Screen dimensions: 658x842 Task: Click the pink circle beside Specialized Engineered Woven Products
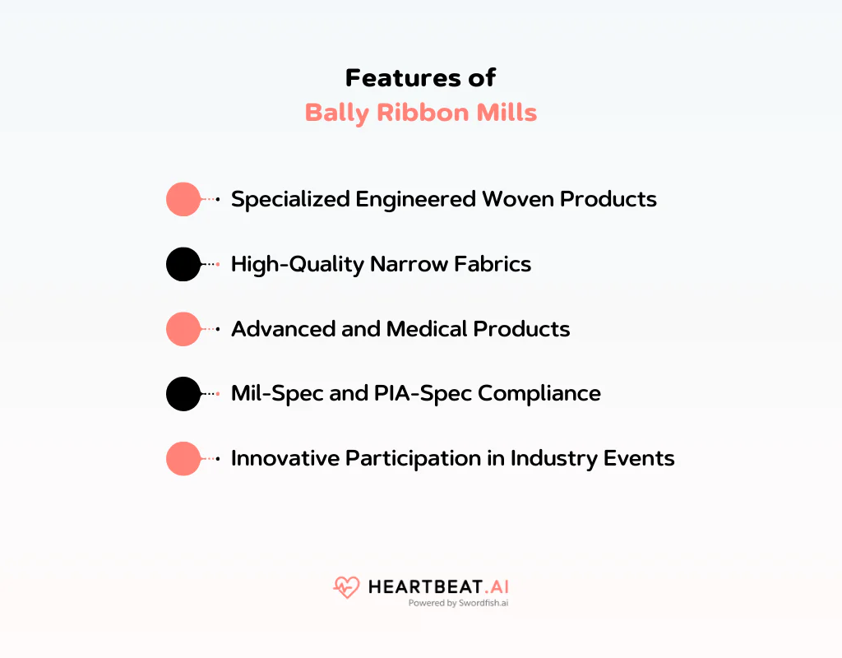pyautogui.click(x=183, y=199)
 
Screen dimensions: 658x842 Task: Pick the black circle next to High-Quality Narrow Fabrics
pyautogui.click(x=183, y=264)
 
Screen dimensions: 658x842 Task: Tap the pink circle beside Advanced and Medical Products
pyautogui.click(x=183, y=329)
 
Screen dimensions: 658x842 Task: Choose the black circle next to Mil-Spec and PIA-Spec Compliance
pyautogui.click(x=183, y=394)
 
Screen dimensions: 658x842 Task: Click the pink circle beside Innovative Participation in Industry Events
pyautogui.click(x=183, y=459)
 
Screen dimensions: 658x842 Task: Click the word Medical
pyautogui.click(x=428, y=329)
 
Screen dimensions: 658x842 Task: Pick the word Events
pyautogui.click(x=639, y=459)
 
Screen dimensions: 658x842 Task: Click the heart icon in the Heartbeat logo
pyautogui.click(x=346, y=587)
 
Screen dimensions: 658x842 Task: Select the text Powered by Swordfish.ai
pyautogui.click(x=459, y=603)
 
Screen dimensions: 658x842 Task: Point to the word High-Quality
pyautogui.click(x=297, y=264)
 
